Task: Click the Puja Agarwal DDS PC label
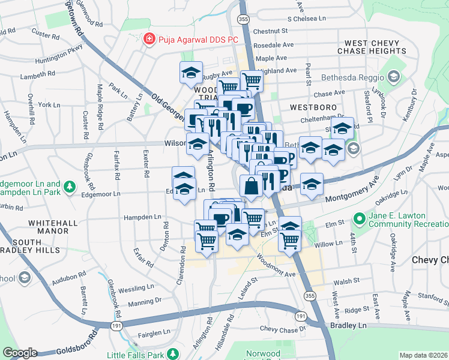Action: pos(197,40)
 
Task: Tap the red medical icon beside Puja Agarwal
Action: pos(148,40)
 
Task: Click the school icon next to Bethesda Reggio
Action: pos(393,77)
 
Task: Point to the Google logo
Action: pos(20,353)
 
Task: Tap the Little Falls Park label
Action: pos(136,355)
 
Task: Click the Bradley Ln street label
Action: pos(348,325)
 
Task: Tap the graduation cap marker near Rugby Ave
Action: pos(191,73)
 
